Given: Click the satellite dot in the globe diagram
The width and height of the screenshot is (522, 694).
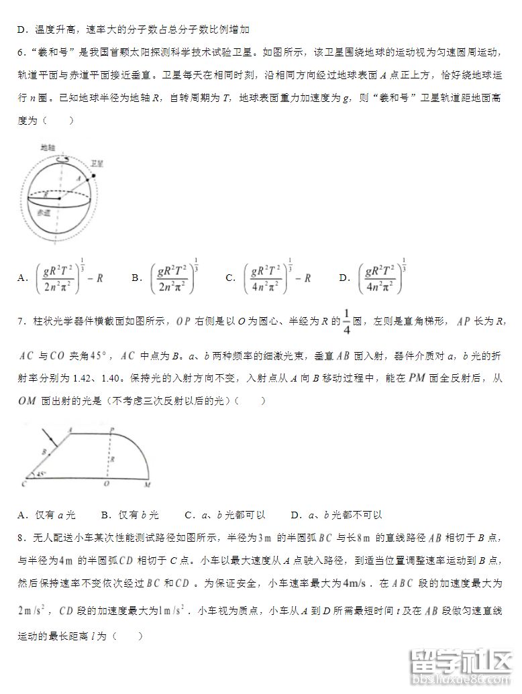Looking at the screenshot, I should point(93,176).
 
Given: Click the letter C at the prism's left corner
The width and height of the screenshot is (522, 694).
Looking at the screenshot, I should point(23,482).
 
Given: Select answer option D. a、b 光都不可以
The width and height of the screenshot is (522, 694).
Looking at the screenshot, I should point(336,514).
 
